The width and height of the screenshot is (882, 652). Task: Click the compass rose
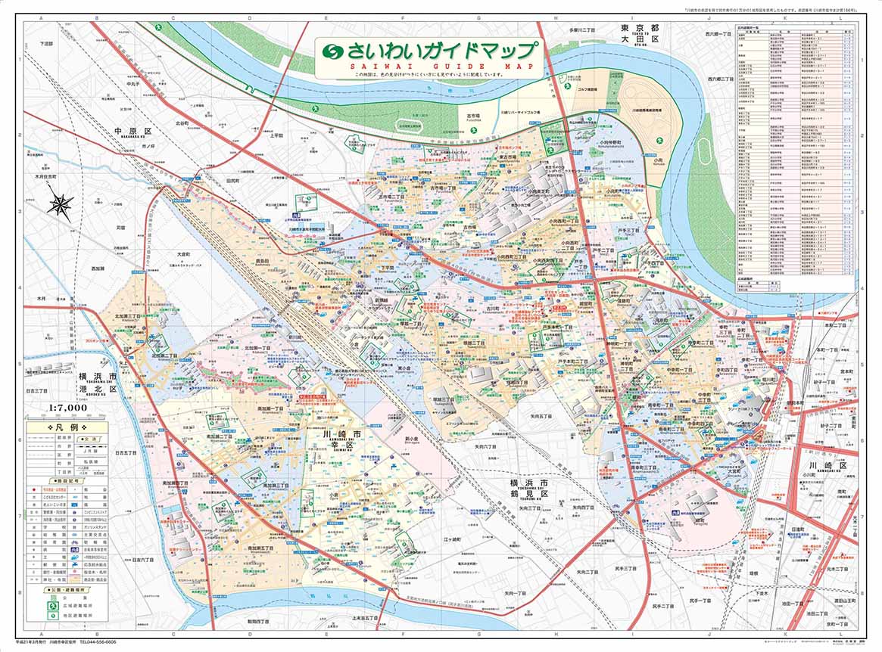tap(61, 204)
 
